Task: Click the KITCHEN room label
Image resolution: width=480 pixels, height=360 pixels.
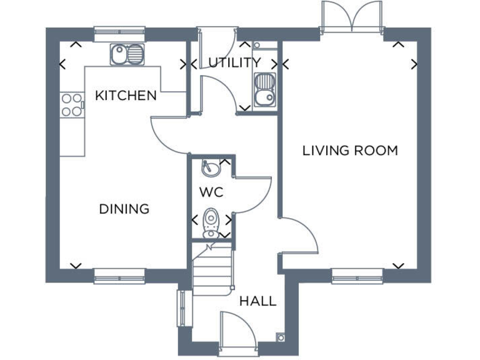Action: (x=126, y=96)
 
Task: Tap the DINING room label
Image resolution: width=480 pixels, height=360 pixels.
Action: (x=124, y=209)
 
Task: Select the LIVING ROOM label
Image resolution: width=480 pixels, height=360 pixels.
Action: (x=350, y=151)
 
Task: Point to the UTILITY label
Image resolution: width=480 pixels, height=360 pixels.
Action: (x=234, y=62)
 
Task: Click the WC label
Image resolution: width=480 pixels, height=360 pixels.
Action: (x=211, y=192)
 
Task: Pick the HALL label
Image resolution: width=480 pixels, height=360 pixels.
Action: (x=258, y=301)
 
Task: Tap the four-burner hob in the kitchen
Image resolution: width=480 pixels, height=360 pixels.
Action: (x=72, y=105)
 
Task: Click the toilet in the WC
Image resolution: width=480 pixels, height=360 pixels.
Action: (x=211, y=222)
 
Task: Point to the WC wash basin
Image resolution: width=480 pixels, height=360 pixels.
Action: (x=208, y=169)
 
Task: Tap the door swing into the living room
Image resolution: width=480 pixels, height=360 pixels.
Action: (x=297, y=237)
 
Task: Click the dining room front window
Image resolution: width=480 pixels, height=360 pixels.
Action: (x=119, y=275)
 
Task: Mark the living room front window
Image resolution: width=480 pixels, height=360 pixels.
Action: (x=357, y=275)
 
